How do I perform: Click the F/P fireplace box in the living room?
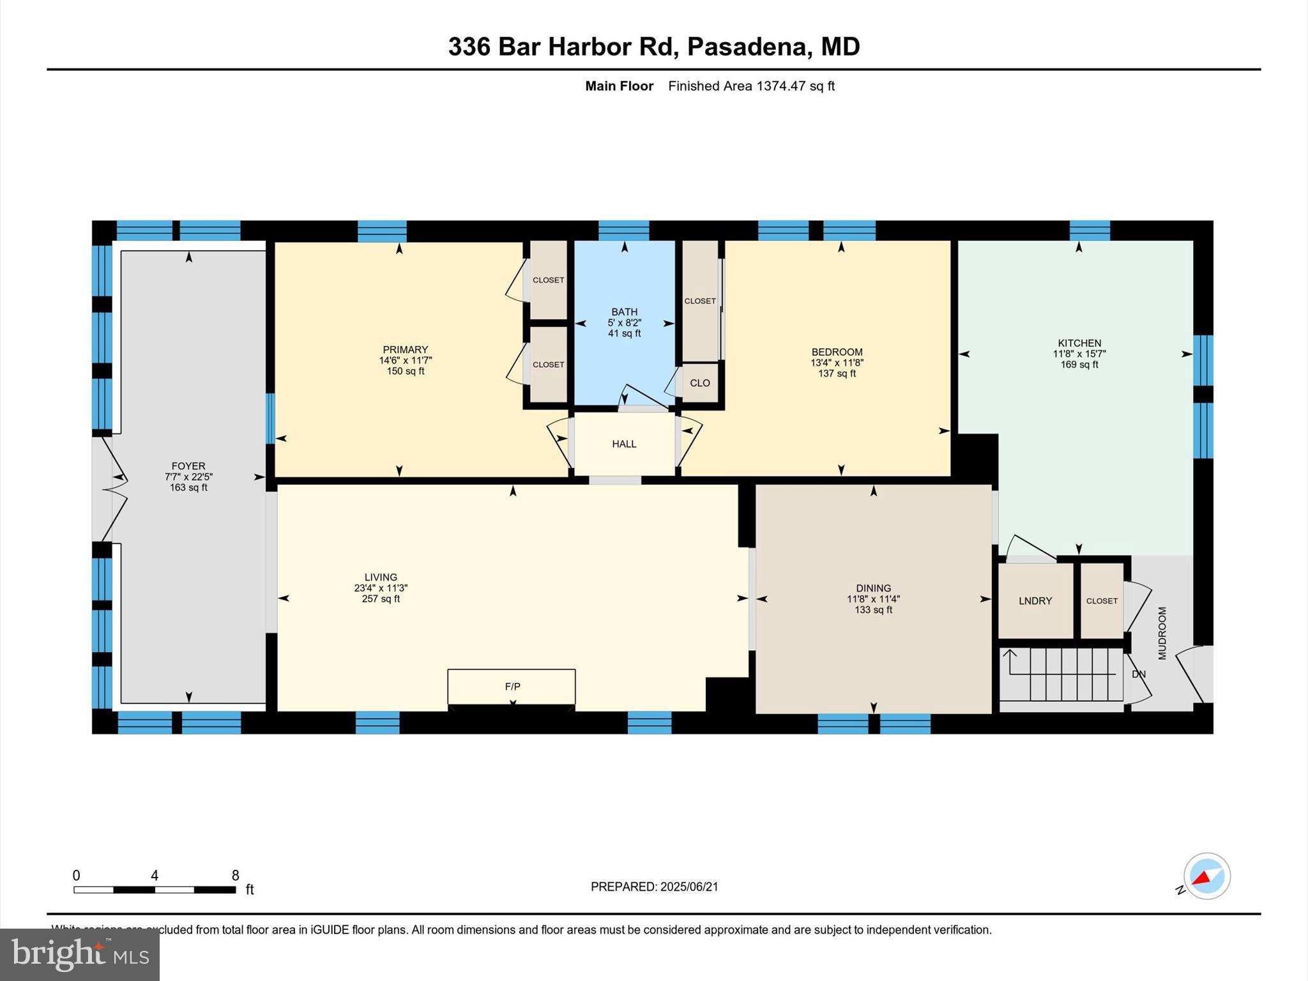(x=512, y=687)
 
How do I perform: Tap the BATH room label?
(x=624, y=312)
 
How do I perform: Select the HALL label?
(x=624, y=444)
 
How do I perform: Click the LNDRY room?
(x=1035, y=601)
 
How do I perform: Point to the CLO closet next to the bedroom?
(x=700, y=383)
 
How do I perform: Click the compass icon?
(x=1206, y=876)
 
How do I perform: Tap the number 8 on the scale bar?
(x=235, y=876)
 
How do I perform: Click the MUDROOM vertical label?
(x=1162, y=633)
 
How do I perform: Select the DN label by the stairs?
(x=1139, y=674)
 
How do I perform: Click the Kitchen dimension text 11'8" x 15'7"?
(x=1079, y=354)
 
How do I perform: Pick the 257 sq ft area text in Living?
(x=381, y=599)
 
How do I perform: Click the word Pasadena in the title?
(x=745, y=47)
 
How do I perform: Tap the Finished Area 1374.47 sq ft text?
(x=751, y=86)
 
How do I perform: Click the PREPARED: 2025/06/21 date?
(x=654, y=886)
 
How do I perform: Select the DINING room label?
(x=873, y=588)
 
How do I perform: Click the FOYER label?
(x=188, y=466)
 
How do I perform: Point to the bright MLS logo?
(x=80, y=954)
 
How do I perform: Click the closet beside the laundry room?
(x=1102, y=601)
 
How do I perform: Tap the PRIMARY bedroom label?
(x=405, y=349)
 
